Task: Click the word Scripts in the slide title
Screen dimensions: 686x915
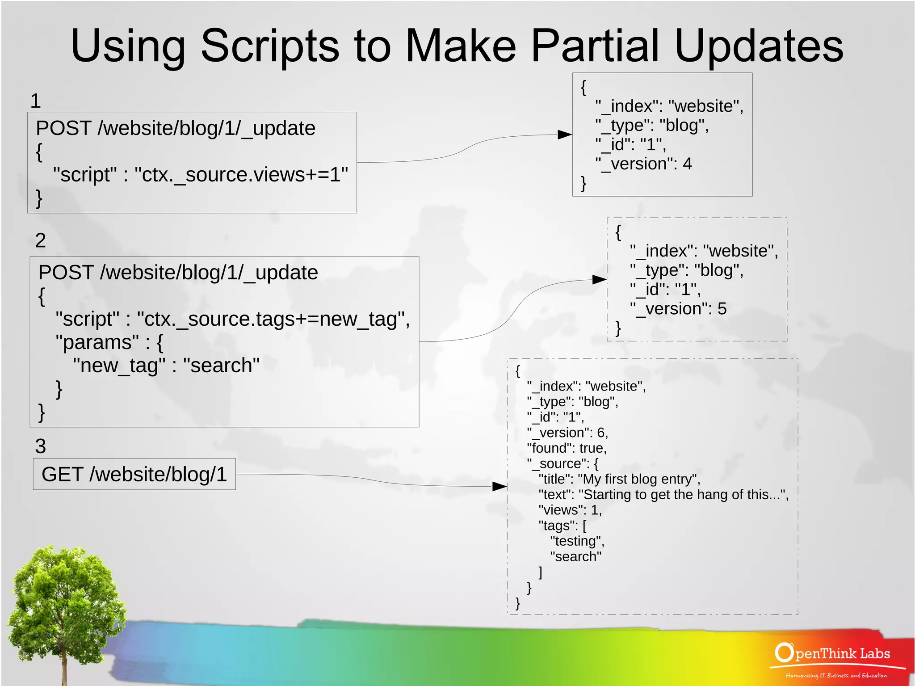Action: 270,46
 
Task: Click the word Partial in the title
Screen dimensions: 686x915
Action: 596,46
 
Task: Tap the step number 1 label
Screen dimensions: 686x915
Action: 36,101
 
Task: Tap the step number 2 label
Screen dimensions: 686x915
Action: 40,240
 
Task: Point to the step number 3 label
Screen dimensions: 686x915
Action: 40,446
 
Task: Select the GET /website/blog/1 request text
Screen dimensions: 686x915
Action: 134,474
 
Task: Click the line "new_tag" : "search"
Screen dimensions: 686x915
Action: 166,366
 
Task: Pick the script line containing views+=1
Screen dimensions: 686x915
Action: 200,175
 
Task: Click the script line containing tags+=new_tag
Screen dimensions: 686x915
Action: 232,319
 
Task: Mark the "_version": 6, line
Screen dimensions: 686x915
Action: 567,433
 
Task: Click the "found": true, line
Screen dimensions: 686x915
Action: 567,448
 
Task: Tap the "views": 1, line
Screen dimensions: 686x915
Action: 570,510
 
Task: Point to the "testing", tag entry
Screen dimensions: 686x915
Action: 577,541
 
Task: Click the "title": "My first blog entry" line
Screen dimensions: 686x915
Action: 619,479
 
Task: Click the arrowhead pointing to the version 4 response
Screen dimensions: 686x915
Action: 565,135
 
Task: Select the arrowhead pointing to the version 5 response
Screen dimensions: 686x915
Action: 599,280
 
